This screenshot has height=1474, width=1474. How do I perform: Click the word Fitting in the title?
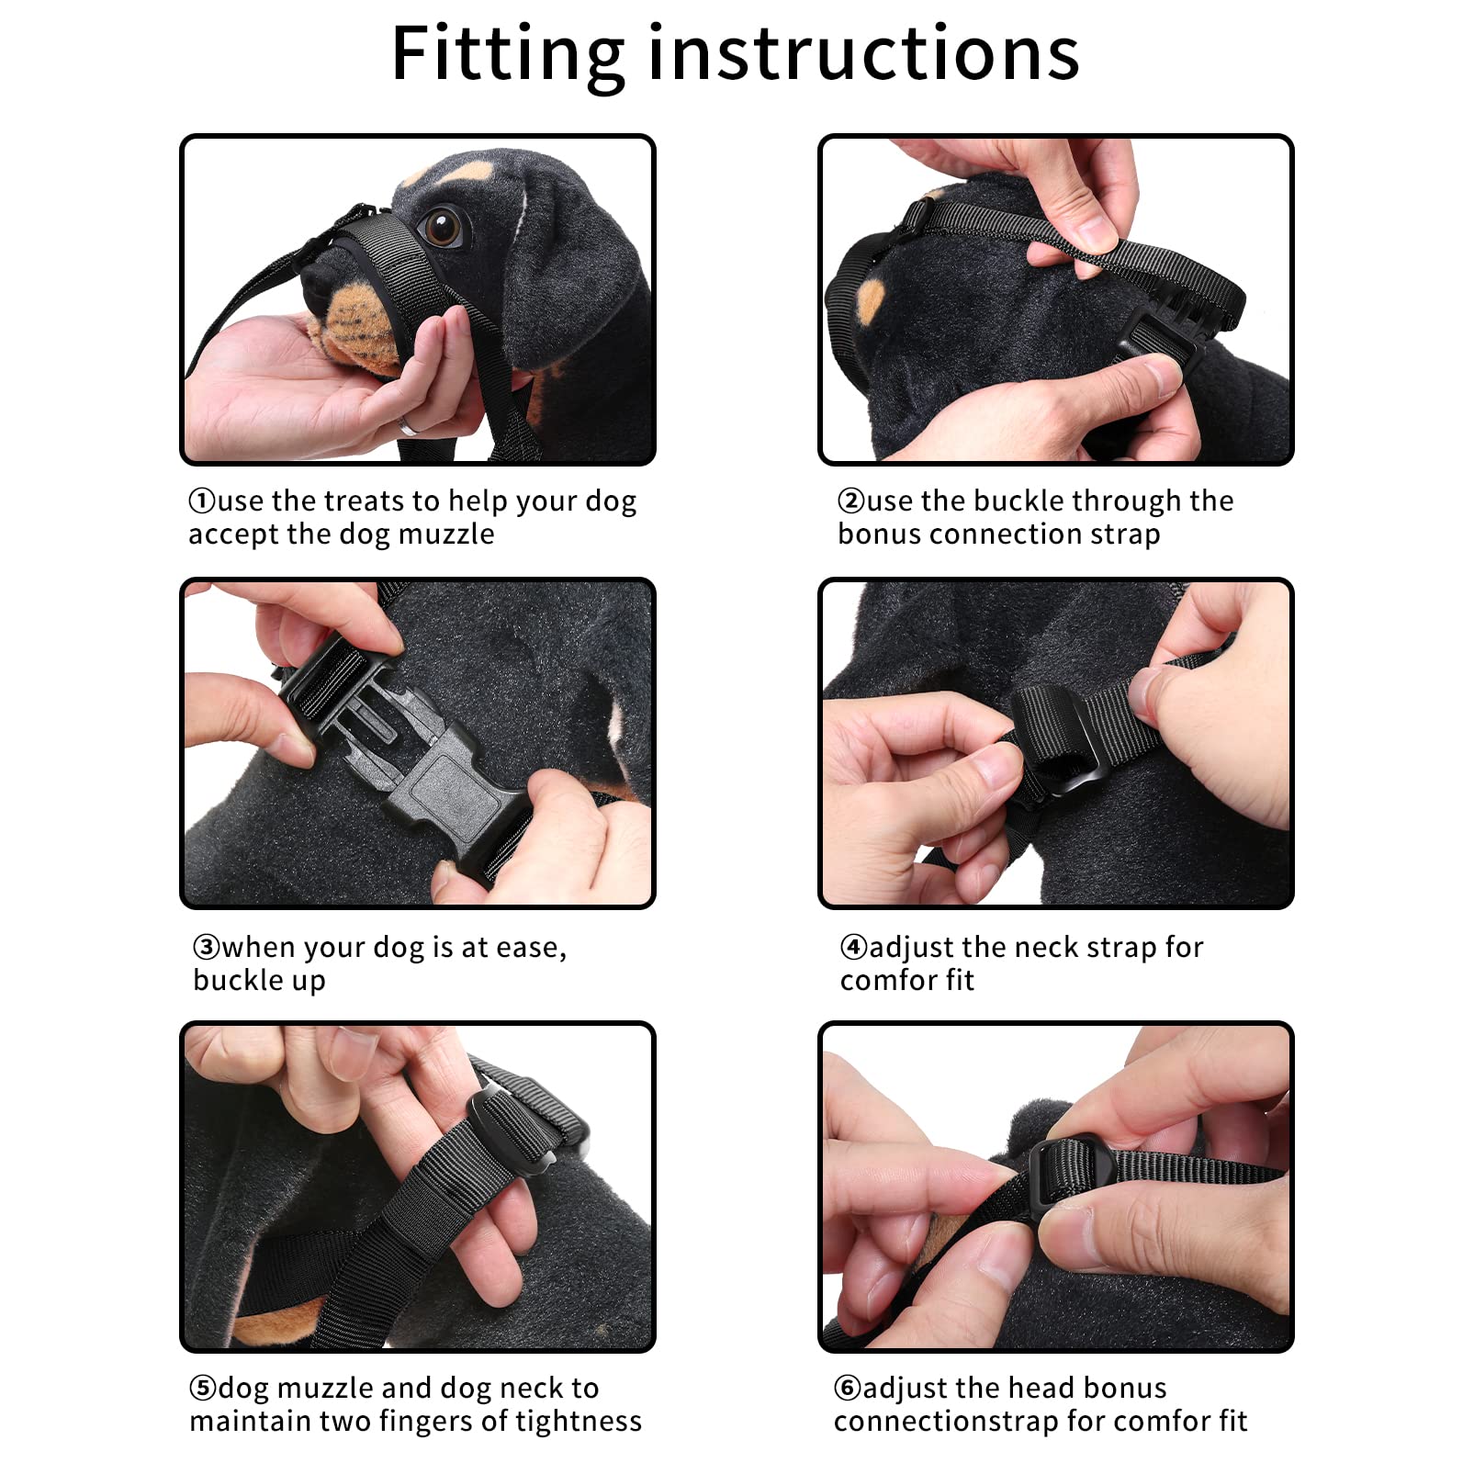point(508,55)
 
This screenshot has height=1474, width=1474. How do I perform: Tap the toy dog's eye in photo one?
point(443,226)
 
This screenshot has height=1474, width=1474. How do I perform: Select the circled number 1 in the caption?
point(202,501)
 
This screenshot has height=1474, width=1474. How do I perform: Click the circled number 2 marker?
point(851,501)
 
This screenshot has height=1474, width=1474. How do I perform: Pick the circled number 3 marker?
point(207,947)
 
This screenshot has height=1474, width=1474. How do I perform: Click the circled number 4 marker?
point(854,947)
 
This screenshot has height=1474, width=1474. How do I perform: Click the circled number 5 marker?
point(203,1388)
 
